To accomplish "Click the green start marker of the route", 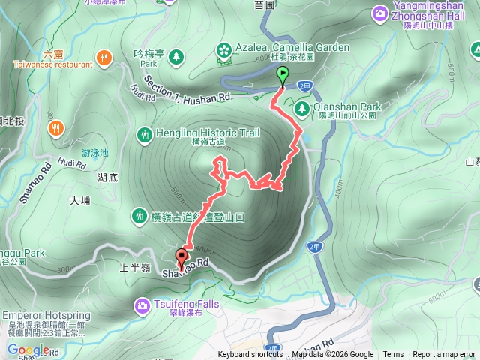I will tap(283, 75).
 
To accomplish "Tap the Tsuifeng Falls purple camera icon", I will tap(142, 304).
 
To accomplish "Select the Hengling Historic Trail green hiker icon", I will tap(144, 135).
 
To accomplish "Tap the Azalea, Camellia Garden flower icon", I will tap(223, 49).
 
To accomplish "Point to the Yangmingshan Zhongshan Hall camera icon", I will tap(380, 13).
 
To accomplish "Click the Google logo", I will tap(28, 349).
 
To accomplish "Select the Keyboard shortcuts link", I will tap(250, 355).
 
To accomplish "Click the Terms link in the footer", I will tap(393, 355).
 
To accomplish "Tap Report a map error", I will tap(445, 355).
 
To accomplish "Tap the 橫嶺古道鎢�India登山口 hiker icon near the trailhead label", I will tap(139, 216).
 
